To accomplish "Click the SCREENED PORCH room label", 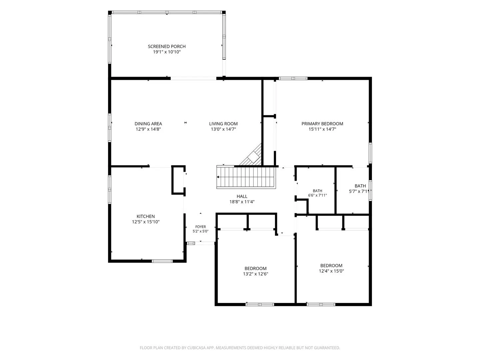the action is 167,46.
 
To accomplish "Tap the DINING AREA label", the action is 148,124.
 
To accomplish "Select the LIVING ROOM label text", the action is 223,124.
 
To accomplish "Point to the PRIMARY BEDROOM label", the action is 322,124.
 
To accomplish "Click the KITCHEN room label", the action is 146,216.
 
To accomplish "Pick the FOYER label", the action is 201,227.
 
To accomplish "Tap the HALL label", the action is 242,196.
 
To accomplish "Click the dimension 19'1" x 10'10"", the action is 167,52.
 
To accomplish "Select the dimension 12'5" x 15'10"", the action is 146,222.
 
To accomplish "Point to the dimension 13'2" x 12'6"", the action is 255,274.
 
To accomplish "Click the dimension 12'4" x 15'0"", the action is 331,271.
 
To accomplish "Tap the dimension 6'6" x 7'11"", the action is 317,195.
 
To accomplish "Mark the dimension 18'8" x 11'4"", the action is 242,202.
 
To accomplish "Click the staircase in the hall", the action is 246,177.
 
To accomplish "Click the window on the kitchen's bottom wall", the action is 162,261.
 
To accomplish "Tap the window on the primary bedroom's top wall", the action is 293,78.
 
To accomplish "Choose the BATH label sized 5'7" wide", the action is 360,186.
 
